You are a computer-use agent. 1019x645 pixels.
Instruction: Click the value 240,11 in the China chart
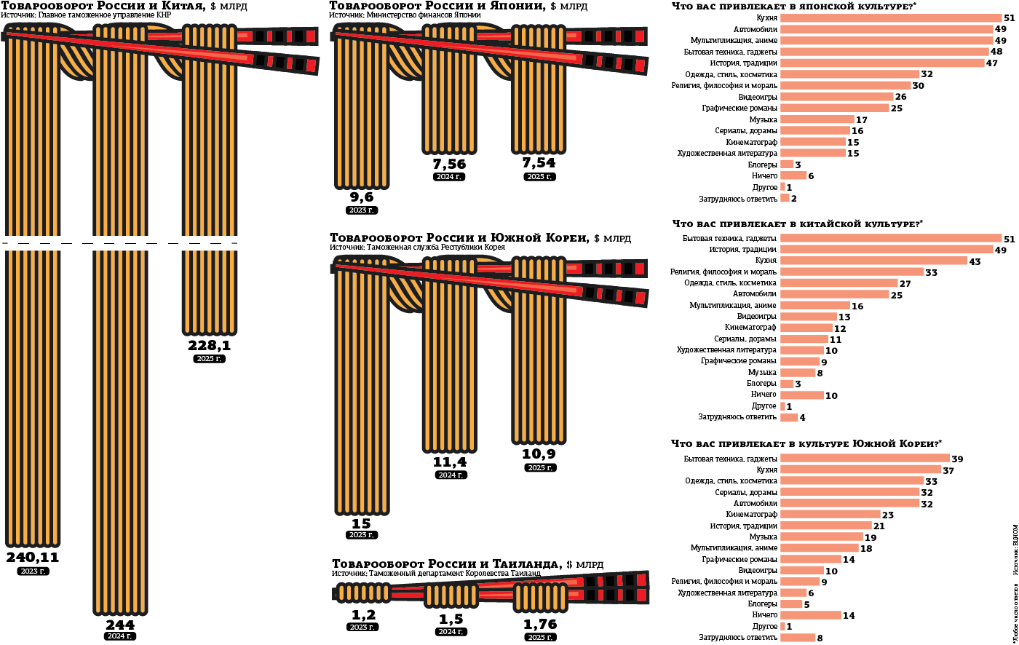tap(33, 558)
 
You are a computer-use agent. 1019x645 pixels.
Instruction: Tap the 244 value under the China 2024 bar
tap(120, 625)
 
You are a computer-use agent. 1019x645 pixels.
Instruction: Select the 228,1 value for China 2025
tap(210, 346)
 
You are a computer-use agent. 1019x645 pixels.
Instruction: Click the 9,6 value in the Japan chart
tap(362, 197)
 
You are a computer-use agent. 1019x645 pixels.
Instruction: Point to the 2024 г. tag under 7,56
tap(449, 177)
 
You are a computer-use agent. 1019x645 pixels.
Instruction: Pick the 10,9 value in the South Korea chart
tap(539, 454)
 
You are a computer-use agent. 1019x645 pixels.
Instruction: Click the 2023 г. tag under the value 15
tap(362, 535)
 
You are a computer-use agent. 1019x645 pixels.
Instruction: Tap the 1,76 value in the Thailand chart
tap(539, 623)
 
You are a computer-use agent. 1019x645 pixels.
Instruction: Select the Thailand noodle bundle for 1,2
tap(362, 594)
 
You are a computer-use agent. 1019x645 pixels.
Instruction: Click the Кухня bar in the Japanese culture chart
tap(890, 17)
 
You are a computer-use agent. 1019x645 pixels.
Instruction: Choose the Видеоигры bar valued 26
tap(836, 97)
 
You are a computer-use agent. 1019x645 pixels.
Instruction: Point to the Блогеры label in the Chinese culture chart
tap(761, 384)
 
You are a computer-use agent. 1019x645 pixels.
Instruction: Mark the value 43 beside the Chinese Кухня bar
tap(975, 261)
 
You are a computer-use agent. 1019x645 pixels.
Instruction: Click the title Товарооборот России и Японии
tap(437, 6)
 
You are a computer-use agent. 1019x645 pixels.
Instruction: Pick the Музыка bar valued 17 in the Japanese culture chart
tap(817, 119)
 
